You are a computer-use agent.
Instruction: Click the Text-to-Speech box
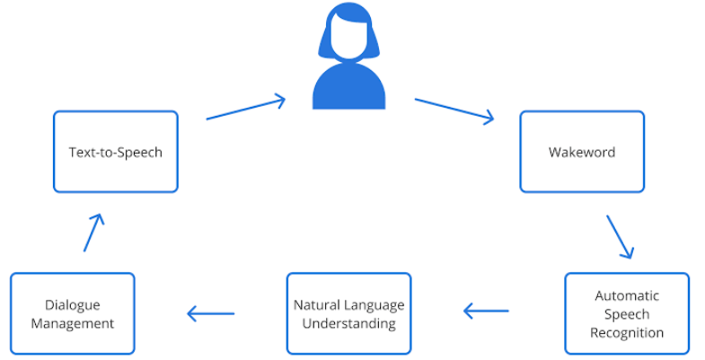coord(116,152)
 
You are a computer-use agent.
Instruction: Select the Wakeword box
coord(582,152)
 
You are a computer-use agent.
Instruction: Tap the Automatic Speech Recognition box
coord(627,313)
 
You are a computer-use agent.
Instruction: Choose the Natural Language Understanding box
coord(348,313)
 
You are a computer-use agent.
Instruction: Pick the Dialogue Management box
coord(73,313)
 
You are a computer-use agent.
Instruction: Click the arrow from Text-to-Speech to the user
coord(245,108)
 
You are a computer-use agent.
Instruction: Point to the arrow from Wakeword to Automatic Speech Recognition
coord(620,236)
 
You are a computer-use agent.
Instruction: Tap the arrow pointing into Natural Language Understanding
coord(486,312)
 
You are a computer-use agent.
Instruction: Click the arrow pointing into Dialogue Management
coord(210,313)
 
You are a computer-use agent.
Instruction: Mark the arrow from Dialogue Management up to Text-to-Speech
coord(93,232)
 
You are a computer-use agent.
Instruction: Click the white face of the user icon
coord(348,36)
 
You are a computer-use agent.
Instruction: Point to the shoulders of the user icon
coord(348,91)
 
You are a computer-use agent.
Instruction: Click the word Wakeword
coord(582,152)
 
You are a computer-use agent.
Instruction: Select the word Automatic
coord(627,295)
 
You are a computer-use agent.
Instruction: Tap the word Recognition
coord(627,333)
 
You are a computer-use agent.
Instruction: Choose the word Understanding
coord(348,323)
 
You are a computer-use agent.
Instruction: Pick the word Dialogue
coord(73,304)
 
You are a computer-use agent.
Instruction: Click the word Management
coord(73,323)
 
